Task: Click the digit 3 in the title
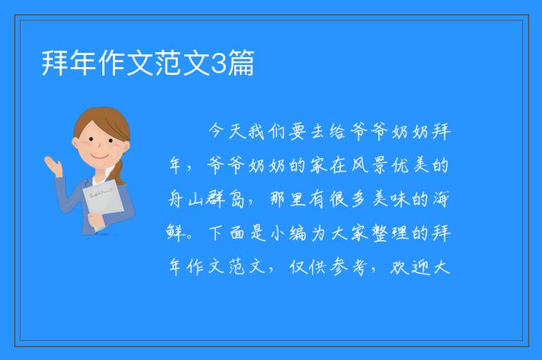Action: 218,64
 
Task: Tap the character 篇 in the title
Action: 241,63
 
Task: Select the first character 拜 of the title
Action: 55,63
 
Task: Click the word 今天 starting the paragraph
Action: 227,131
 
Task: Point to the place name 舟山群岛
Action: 207,199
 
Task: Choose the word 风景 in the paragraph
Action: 370,165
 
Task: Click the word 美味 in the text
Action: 390,199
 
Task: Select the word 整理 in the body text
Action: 390,233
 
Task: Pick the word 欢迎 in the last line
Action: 410,267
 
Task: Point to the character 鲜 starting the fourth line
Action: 176,233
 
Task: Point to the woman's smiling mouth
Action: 100,156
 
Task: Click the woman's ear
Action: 75,143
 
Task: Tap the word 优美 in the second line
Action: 410,165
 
